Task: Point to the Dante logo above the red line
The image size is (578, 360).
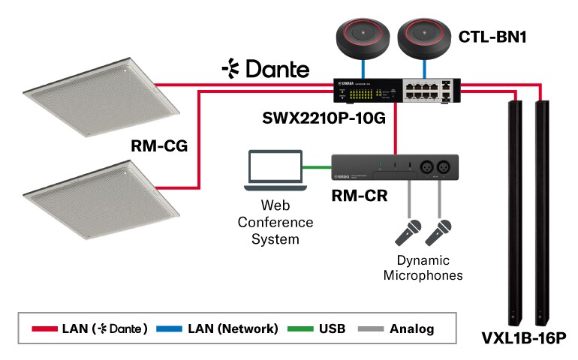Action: tap(265, 70)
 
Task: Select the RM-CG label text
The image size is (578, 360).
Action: tap(158, 148)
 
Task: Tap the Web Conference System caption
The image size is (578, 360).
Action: tap(275, 222)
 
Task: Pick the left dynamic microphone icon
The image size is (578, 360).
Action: tap(408, 233)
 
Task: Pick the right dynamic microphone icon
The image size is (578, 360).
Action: tap(439, 233)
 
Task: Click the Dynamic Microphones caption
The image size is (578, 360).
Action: tap(423, 268)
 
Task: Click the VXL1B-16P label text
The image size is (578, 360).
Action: tap(523, 340)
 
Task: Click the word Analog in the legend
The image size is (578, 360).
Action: tap(411, 328)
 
